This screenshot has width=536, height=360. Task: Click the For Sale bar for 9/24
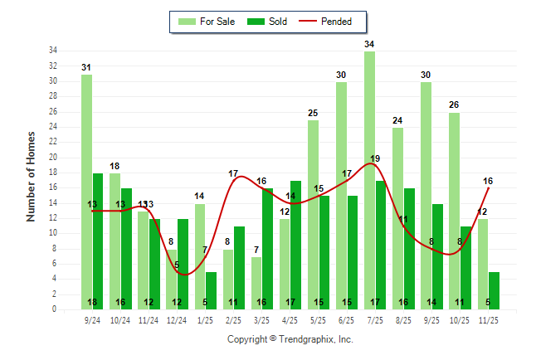(x=86, y=192)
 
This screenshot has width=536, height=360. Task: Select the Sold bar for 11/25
(x=495, y=290)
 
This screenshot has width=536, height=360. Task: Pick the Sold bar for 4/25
(x=296, y=245)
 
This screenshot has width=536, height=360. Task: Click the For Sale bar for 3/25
(x=256, y=283)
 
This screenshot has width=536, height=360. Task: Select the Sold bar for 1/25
(x=212, y=290)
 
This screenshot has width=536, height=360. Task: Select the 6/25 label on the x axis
(x=347, y=319)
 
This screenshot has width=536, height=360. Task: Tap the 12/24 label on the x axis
(x=177, y=319)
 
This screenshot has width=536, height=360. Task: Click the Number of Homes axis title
(x=31, y=175)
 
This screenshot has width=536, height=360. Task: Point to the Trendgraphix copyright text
(x=290, y=339)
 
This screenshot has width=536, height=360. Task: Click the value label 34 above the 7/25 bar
(x=369, y=44)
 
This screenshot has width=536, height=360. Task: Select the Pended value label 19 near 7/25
(x=375, y=158)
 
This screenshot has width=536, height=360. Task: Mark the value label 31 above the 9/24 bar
(x=86, y=67)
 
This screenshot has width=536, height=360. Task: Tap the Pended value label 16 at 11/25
(x=488, y=181)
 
